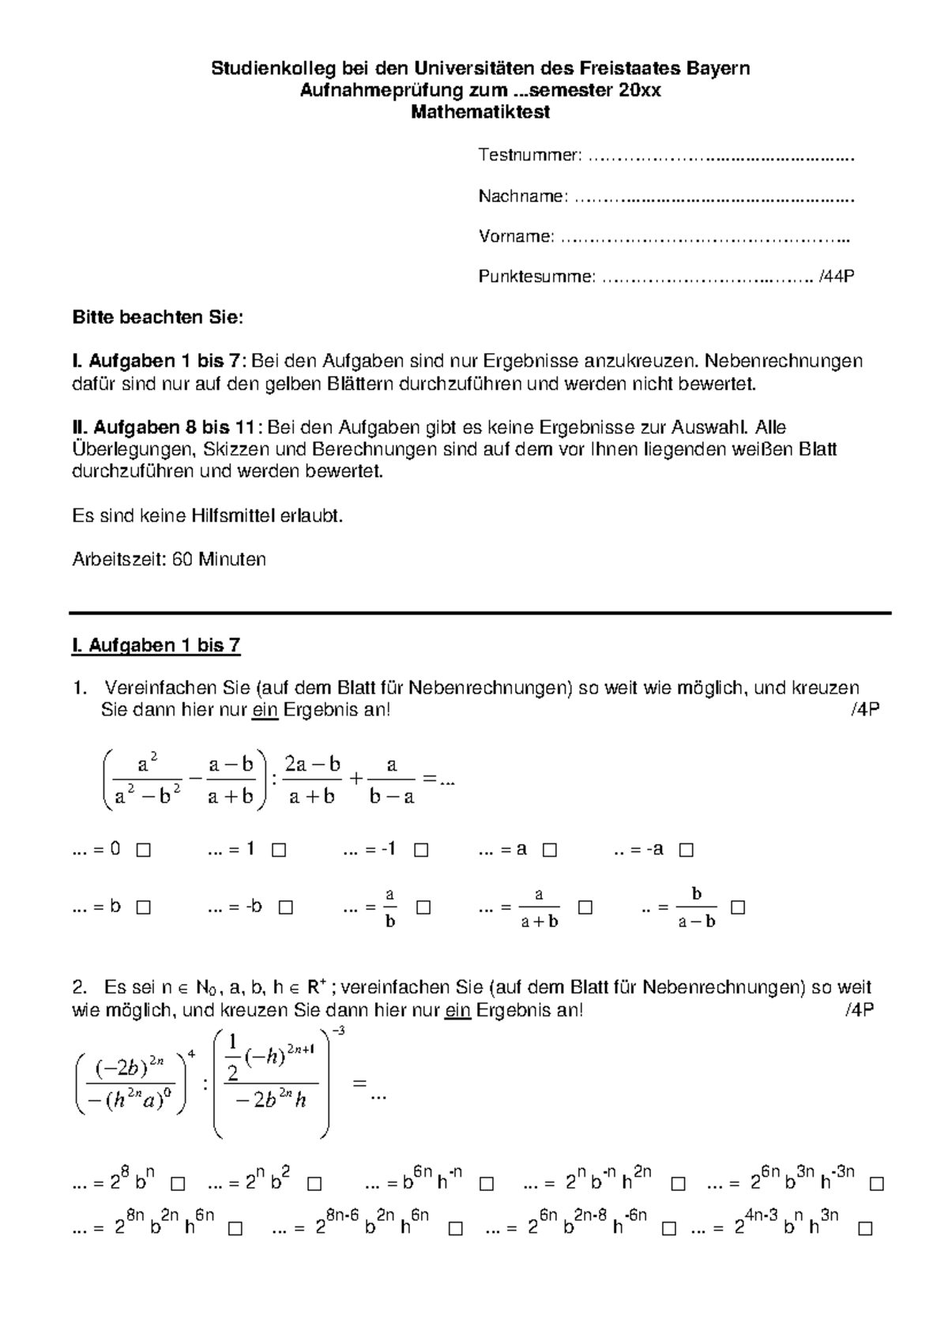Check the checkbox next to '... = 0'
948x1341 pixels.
(x=143, y=851)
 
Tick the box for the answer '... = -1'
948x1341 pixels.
(x=421, y=851)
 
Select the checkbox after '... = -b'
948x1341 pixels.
(x=286, y=907)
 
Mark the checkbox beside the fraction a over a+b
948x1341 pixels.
(x=585, y=907)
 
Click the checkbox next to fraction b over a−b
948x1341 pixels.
(x=738, y=907)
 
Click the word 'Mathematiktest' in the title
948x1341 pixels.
(x=480, y=112)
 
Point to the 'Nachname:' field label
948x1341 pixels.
(x=522, y=196)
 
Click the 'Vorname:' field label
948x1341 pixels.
(x=516, y=236)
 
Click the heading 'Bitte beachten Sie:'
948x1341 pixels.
(x=158, y=318)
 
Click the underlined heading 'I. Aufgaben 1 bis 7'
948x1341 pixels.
(x=156, y=646)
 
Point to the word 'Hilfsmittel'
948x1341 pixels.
(x=233, y=516)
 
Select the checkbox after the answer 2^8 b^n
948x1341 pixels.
(x=178, y=1185)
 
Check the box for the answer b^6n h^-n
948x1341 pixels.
(x=487, y=1185)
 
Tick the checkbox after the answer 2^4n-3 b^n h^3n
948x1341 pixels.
(x=865, y=1230)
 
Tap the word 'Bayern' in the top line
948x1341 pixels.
(x=720, y=68)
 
